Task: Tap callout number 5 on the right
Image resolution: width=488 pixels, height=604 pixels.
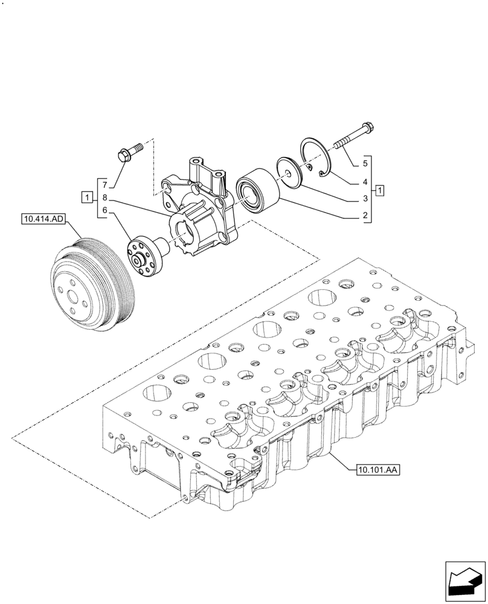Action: pos(365,163)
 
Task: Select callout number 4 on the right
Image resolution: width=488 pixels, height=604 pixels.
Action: pos(365,181)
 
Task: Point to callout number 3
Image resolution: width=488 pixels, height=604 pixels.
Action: pos(365,198)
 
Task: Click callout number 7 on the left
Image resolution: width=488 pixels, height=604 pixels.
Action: pos(104,184)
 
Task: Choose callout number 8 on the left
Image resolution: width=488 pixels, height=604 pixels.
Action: pos(104,198)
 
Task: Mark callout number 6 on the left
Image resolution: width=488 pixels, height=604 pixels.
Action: pos(104,210)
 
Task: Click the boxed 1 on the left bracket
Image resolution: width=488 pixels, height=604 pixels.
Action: pos(88,198)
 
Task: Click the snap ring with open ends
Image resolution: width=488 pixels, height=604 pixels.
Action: pos(318,159)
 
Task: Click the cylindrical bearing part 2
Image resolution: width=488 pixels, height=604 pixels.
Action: pos(256,189)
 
